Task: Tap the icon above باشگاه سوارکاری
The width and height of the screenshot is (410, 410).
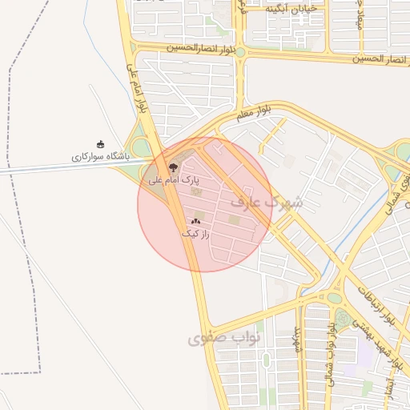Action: tap(100, 144)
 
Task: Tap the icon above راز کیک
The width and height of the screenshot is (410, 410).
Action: tap(196, 220)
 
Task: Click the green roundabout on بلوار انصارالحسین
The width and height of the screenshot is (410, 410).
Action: tap(239, 52)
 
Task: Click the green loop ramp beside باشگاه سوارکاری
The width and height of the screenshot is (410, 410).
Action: tap(141, 147)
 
